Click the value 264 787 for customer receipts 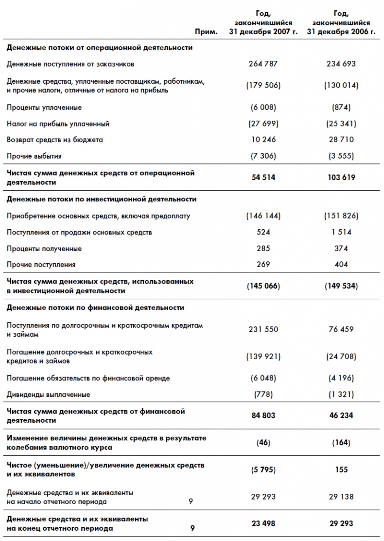[x=263, y=64]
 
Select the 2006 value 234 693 [x=341, y=64]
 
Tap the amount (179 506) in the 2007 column [x=263, y=85]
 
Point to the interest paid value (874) [x=341, y=108]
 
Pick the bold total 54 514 [x=263, y=178]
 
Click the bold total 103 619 [x=341, y=178]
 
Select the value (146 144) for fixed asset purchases [x=263, y=216]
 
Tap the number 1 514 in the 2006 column [x=341, y=232]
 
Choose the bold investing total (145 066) [x=263, y=286]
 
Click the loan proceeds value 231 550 [x=263, y=329]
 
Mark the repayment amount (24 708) [x=341, y=357]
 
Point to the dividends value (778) [x=263, y=394]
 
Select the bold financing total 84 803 [x=263, y=415]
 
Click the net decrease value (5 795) [x=263, y=469]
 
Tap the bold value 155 [x=341, y=469]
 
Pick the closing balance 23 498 [x=263, y=523]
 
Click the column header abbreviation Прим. [x=206, y=32]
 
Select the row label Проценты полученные [x=44, y=249]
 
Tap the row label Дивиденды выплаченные [x=48, y=394]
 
